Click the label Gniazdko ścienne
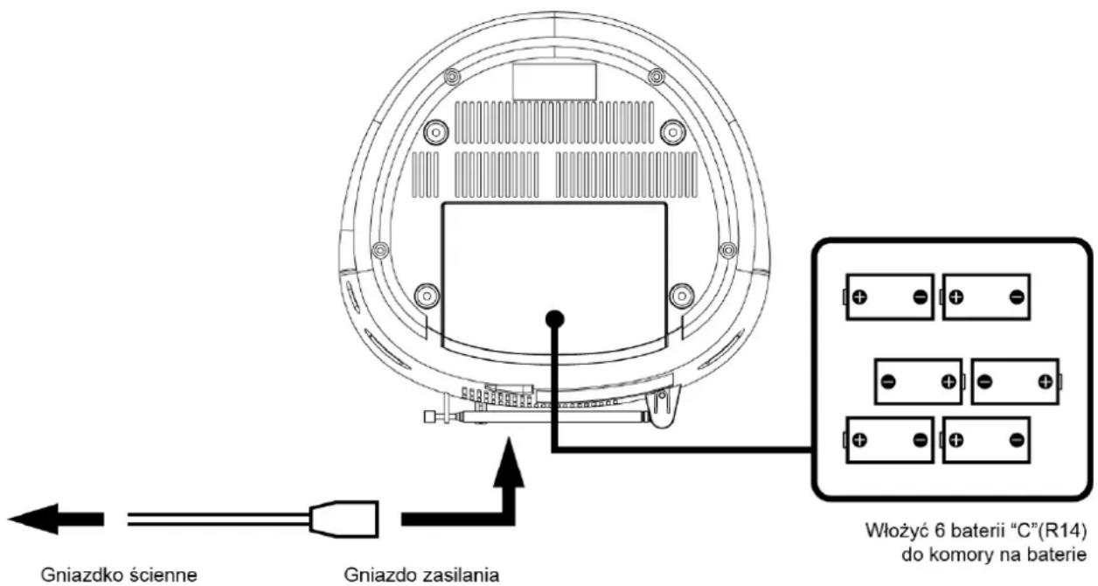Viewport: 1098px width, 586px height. (119, 575)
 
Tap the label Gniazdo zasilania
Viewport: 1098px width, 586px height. (421, 575)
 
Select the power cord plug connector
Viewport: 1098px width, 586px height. (344, 519)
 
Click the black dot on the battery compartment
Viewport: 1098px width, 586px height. (555, 319)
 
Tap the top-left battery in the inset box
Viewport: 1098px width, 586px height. (889, 296)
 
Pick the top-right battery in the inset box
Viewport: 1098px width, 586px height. (986, 296)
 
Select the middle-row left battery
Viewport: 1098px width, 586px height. (920, 381)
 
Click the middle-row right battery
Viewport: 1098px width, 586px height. (1016, 381)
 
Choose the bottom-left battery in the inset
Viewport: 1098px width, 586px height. (889, 440)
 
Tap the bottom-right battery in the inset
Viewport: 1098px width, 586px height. (986, 440)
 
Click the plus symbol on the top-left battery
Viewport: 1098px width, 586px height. (859, 296)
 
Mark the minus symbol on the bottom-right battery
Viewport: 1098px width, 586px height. (1017, 440)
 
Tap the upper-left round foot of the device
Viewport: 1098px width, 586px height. (435, 132)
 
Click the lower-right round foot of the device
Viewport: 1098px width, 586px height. (681, 296)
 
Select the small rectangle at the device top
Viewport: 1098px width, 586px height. (554, 81)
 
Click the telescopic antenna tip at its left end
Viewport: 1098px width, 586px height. (430, 417)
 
